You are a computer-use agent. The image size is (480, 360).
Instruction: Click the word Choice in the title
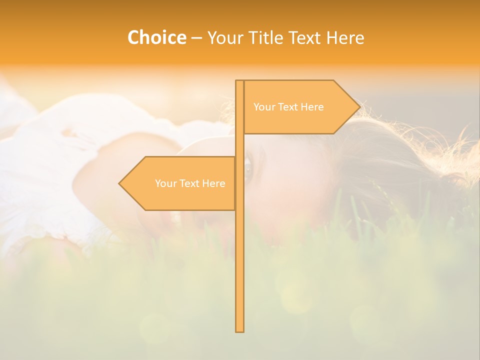(156, 38)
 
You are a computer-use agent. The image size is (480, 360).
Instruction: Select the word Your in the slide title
(225, 38)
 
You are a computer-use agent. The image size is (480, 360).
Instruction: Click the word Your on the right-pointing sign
(263, 107)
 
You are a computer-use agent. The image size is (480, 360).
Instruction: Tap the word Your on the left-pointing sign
(165, 183)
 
